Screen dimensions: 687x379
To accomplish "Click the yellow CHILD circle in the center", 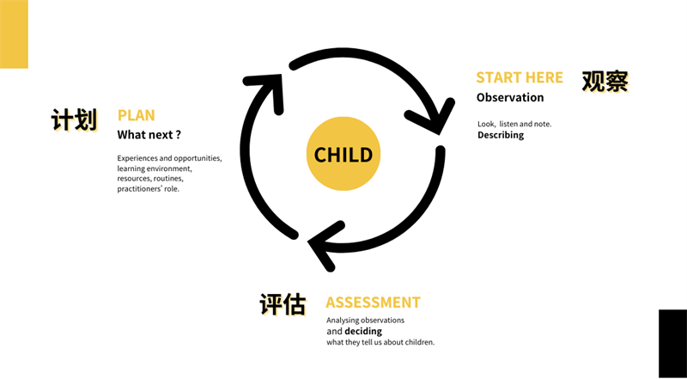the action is click(343, 154).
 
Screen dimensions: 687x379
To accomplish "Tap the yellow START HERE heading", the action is click(520, 77).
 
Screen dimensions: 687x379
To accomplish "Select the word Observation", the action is click(510, 97).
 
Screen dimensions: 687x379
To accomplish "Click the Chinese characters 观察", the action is click(605, 82).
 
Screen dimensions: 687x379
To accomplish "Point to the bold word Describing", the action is click(501, 135).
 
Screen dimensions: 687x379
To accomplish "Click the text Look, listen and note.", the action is click(514, 124).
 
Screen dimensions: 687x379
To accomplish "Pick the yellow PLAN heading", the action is click(136, 115).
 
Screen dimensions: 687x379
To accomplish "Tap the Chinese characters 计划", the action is click(74, 119).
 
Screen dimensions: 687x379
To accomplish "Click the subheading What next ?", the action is click(149, 135).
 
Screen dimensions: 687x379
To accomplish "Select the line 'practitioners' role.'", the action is click(148, 189).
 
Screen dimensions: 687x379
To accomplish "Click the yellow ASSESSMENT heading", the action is click(373, 303).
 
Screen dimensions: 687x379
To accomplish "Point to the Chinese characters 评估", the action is click(283, 304).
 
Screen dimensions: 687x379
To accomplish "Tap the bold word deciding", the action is click(363, 331).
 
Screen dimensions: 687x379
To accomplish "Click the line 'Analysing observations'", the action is click(366, 321).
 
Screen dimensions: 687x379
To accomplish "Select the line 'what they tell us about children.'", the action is click(380, 342).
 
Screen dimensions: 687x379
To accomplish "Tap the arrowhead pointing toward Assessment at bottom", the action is click(325, 245).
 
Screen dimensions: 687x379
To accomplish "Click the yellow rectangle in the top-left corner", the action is click(14, 34).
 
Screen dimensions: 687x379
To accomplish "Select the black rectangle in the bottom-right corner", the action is click(672, 344).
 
